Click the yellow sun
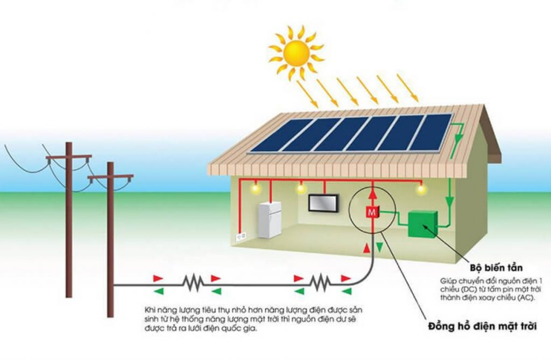295,52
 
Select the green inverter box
422,224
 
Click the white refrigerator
269,220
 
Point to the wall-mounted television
323,203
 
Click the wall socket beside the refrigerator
242,236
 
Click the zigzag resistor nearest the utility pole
192,281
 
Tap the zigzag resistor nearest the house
320,280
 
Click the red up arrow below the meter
366,248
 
